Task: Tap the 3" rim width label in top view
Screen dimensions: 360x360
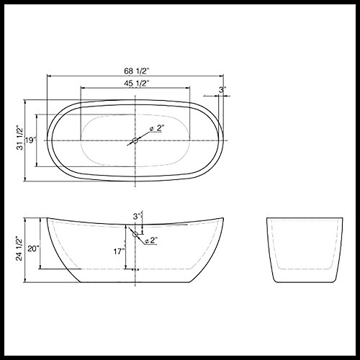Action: [x=222, y=90]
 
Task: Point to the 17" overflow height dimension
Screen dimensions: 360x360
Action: [x=117, y=251]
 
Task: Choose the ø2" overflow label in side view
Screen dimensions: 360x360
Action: [x=151, y=240]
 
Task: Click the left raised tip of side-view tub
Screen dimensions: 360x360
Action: [x=48, y=217]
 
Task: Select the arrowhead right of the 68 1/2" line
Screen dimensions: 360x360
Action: [x=221, y=76]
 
